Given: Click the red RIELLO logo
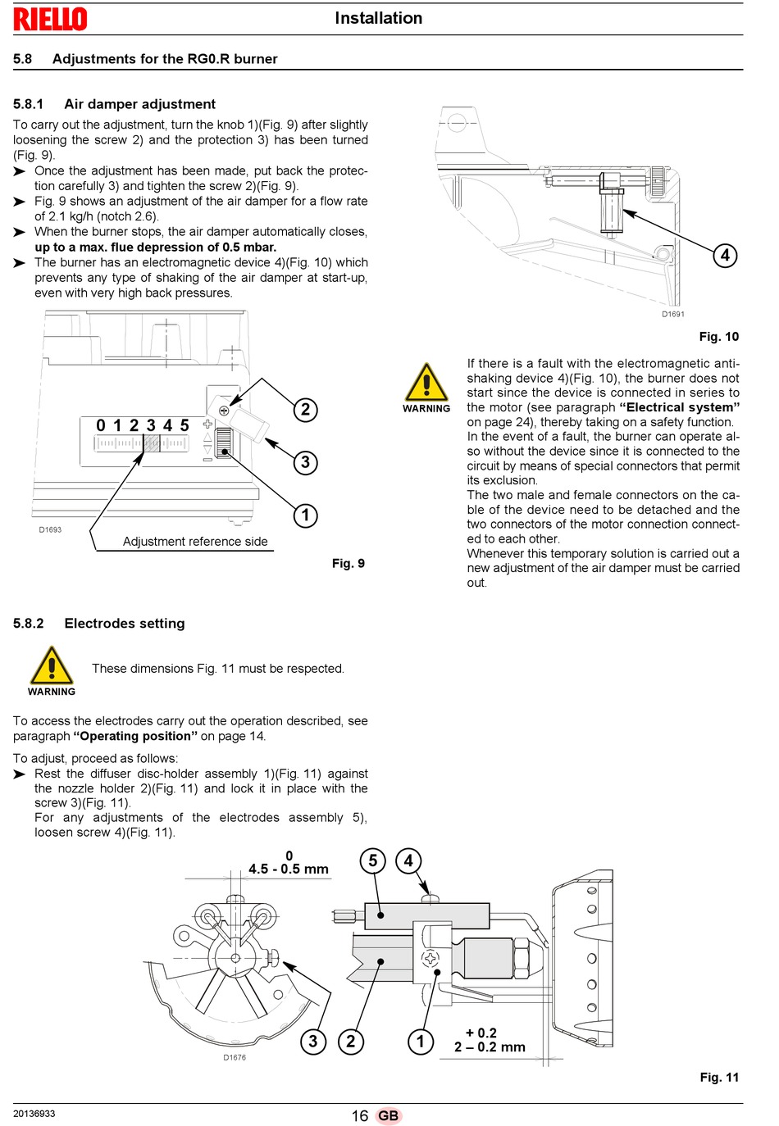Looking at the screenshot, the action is coord(50,19).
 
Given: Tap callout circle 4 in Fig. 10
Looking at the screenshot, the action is coord(725,256).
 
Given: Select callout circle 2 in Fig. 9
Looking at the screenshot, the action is coord(305,409).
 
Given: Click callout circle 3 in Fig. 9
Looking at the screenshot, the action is coord(305,462).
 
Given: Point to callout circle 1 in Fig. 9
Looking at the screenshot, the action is coord(305,515).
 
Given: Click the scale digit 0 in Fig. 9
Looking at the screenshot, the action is coord(101,426).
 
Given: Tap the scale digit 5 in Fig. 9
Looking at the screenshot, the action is coord(184,426).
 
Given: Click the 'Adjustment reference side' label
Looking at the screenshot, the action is coord(195,542).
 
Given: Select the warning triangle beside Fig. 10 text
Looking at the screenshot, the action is coord(426,382).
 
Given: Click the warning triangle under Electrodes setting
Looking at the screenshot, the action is coord(52,665).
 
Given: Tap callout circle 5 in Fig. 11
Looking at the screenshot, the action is coord(372,860).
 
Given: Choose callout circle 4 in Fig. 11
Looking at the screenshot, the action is coord(408,860).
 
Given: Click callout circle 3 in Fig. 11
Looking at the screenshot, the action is coord(312,1041).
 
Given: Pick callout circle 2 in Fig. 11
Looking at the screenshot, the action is coord(350,1041).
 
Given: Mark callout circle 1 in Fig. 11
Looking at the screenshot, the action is coord(421,1041).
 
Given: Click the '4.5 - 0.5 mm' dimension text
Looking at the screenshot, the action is coord(288,869).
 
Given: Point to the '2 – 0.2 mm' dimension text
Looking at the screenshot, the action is coord(490,1047).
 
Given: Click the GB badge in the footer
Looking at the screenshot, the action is coord(388,1116).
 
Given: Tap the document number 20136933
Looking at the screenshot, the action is coord(34,1114).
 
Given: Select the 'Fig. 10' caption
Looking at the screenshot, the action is coord(718,337).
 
